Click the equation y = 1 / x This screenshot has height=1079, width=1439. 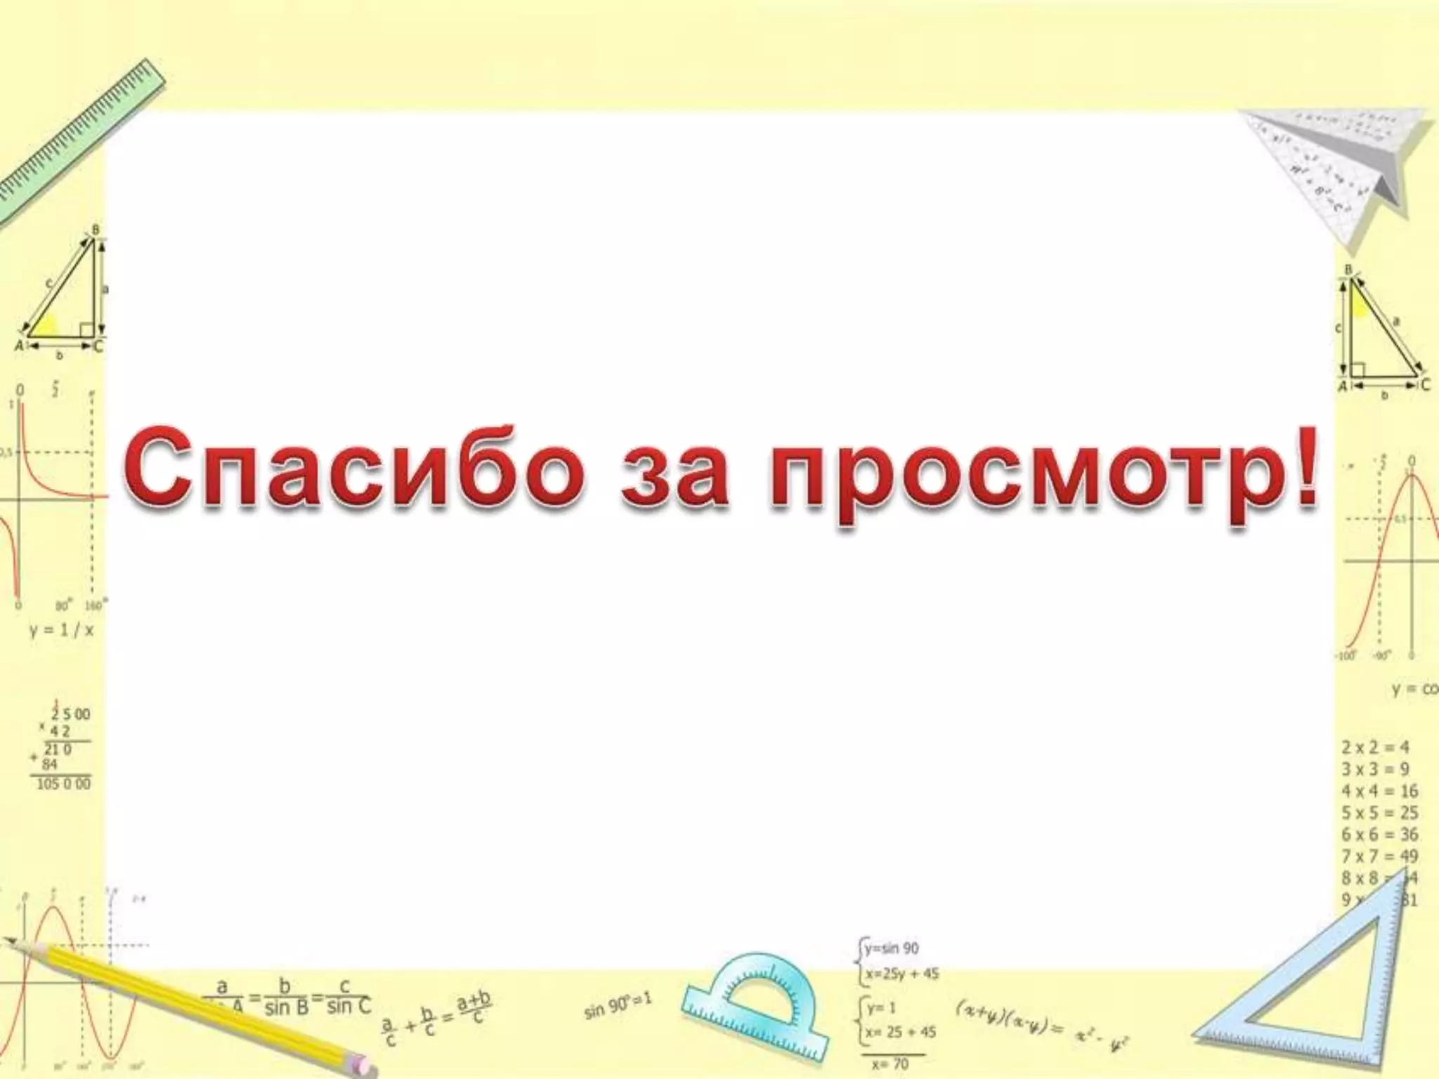coord(61,629)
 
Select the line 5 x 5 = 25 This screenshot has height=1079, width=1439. coord(1379,813)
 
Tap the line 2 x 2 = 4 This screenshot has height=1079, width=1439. coord(1375,747)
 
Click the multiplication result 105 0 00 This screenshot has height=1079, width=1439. coord(63,783)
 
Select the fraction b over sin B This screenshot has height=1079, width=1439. coord(286,998)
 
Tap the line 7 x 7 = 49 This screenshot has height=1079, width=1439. coord(1379,856)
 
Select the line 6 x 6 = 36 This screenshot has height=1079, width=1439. coord(1379,835)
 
